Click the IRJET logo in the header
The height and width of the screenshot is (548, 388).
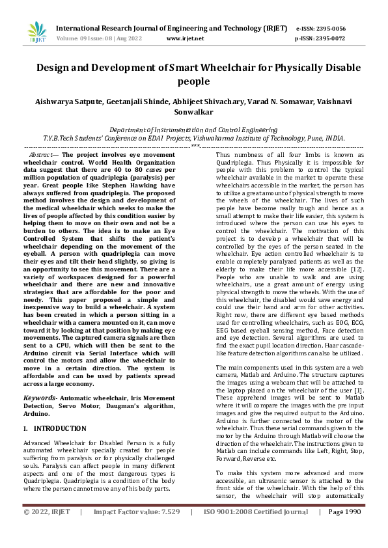click(x=37, y=32)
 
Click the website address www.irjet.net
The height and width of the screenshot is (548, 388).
click(x=185, y=38)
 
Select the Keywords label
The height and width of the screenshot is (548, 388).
click(x=42, y=378)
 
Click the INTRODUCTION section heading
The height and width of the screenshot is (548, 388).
click(x=59, y=410)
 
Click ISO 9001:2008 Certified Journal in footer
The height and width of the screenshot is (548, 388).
click(x=256, y=530)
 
